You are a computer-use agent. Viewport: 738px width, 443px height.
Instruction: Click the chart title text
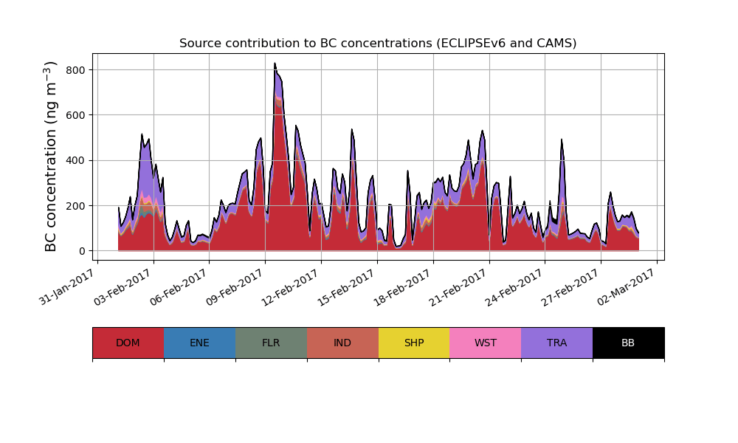(x=378, y=44)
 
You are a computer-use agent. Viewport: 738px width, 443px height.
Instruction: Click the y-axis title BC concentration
(x=51, y=157)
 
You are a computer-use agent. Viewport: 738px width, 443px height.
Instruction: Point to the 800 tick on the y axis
(x=77, y=70)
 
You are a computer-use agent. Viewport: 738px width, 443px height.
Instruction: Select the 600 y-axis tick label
(x=77, y=115)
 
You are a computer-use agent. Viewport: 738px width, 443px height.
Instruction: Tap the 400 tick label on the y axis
(x=77, y=160)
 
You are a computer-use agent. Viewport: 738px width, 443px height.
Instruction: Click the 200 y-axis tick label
(x=77, y=205)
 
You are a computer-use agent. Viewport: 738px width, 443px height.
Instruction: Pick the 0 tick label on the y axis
(x=83, y=251)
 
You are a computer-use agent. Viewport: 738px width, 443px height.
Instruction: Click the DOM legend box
(x=128, y=343)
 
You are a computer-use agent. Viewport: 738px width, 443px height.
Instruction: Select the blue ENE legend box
(x=199, y=343)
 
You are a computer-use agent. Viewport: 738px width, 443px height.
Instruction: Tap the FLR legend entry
(x=271, y=343)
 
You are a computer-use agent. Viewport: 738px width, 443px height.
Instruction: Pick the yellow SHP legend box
(x=414, y=343)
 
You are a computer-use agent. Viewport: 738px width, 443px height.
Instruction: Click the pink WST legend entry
(x=486, y=343)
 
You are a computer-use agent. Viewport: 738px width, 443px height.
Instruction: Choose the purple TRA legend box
(x=557, y=343)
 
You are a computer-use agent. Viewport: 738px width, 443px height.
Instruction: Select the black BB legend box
(x=628, y=343)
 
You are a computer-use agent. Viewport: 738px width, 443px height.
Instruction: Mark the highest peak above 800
(x=275, y=63)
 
